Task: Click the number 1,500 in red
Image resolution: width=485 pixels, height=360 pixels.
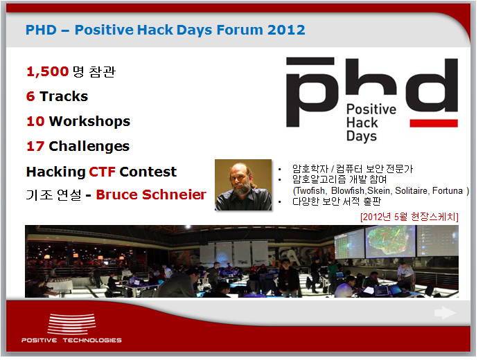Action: pos(47,72)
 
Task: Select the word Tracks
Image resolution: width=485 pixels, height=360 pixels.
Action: pos(64,96)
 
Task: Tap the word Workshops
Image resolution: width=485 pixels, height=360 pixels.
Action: pos(89,121)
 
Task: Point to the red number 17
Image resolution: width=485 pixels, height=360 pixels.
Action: pos(35,146)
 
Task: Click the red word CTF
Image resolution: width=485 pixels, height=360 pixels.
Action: pos(102,172)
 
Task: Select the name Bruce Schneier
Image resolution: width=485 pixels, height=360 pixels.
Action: pos(151,195)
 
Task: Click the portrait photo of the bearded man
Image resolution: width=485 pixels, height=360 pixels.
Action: pos(243,185)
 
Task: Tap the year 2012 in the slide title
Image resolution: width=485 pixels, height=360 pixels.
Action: pos(286,30)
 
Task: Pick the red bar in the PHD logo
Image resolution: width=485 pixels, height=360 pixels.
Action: pos(434,123)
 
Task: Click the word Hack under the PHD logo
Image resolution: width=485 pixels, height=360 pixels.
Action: pos(362,123)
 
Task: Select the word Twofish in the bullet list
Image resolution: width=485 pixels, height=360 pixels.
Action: pos(310,191)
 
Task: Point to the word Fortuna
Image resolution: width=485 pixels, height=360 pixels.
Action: pos(448,190)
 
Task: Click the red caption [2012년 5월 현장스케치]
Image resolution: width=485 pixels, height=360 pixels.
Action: pos(409,217)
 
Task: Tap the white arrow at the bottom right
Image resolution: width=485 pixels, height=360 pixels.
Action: pos(445,313)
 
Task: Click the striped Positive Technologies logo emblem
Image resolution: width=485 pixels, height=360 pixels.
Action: pos(71,323)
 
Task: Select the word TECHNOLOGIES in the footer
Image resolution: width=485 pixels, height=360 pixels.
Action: pos(92,340)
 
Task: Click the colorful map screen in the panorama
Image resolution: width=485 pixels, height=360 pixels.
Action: pos(390,242)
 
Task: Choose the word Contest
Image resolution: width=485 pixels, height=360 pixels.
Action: pos(148,172)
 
